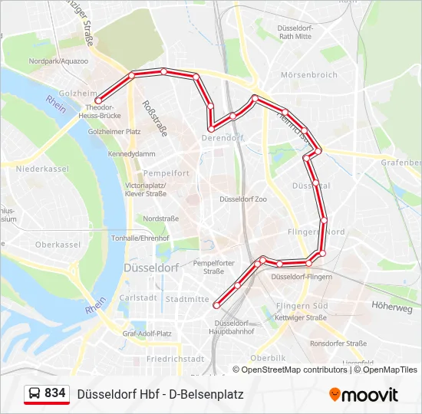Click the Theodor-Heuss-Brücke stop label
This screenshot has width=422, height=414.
104,111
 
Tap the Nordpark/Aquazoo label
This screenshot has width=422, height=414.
59,61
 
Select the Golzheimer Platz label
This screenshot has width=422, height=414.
114,132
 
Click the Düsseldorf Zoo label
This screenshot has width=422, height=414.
243,199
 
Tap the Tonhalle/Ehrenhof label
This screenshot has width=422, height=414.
140,238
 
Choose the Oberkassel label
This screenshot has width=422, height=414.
58,245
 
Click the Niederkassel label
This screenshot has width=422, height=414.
42,169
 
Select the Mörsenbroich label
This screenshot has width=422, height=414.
308,75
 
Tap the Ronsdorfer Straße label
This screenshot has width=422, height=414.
338,343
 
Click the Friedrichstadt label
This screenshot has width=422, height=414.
176,359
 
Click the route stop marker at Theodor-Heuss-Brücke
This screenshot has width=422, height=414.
98,100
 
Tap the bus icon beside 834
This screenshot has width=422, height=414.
35,394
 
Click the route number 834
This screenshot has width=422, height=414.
55,393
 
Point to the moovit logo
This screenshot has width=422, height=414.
364,395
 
